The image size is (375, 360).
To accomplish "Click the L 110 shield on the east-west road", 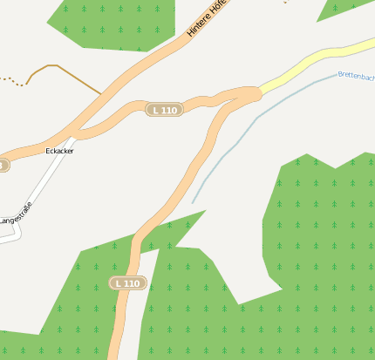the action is tap(164, 110).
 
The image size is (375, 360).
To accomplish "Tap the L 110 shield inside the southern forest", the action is tap(127, 283).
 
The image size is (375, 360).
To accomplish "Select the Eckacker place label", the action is tap(59, 151).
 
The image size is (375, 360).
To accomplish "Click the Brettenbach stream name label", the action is tap(356, 76).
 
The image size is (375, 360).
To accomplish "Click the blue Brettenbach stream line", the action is tap(262, 114).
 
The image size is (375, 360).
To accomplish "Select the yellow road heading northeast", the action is tap(314, 65).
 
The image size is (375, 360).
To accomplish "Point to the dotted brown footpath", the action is tap(10, 81).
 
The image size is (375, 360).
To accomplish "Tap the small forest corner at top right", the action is tap(344, 9).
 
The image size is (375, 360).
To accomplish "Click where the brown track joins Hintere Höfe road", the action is tap(102, 93).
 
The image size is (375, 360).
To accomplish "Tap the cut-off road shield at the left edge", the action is tap(3, 165).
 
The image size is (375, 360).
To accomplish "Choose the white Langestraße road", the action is tap(44, 187).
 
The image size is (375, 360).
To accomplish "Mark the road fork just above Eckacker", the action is tap(77, 134).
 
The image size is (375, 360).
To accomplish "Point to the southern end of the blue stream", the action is tap(193, 202).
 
